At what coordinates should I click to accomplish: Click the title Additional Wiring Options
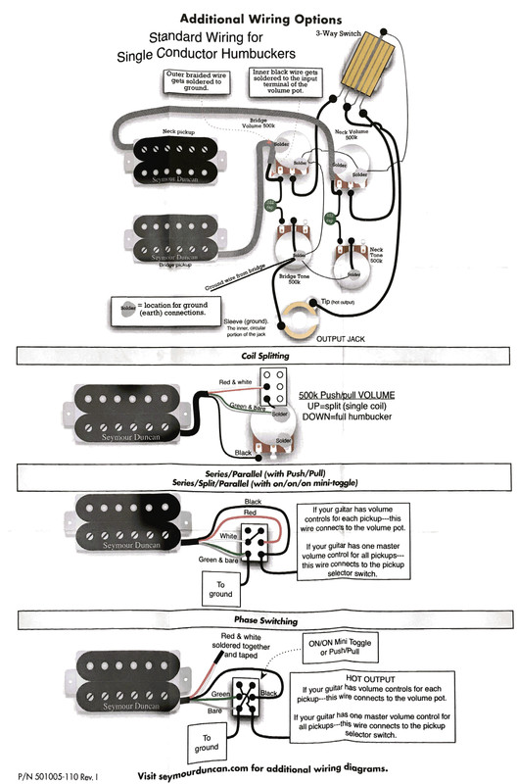[x=260, y=19]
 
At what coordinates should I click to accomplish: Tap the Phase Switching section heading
[x=258, y=621]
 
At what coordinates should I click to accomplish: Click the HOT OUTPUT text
[x=383, y=676]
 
